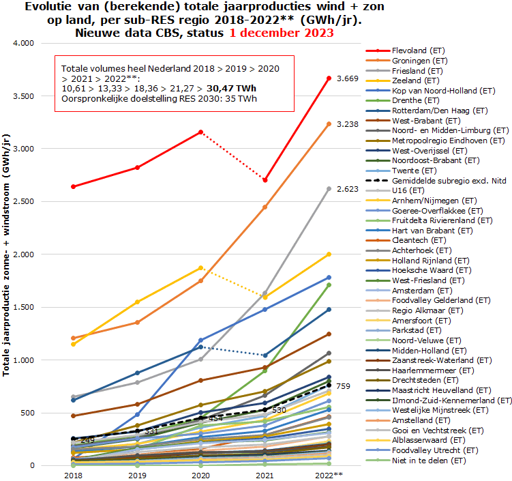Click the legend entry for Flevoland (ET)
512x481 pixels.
pyautogui.click(x=419, y=50)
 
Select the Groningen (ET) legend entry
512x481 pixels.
pyautogui.click(x=419, y=61)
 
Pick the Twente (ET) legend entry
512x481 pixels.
pyautogui.click(x=415, y=170)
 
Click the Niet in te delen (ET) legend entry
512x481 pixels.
pyautogui.click(x=429, y=461)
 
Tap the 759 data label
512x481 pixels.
pyautogui.click(x=343, y=386)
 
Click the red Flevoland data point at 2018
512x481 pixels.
pyautogui.click(x=73, y=186)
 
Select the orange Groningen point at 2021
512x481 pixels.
pyautogui.click(x=265, y=207)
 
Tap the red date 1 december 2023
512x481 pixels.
pyautogui.click(x=281, y=32)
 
